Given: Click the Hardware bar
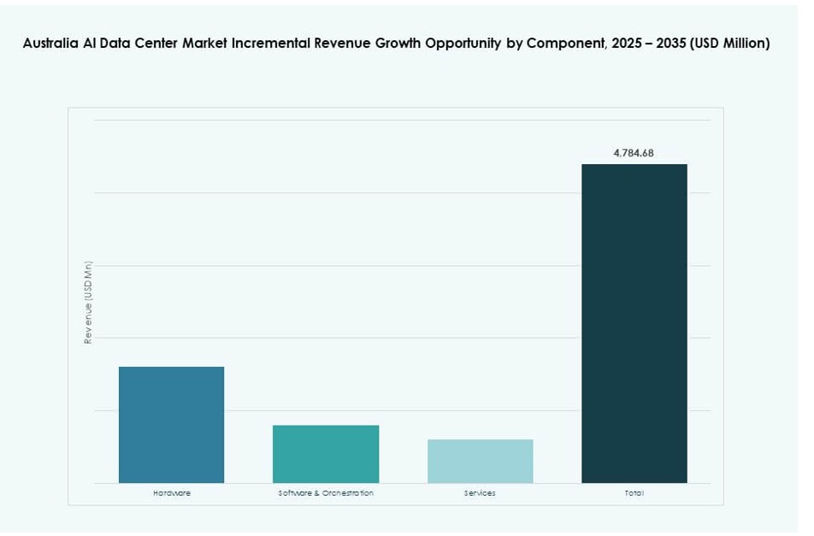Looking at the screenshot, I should coord(171,424).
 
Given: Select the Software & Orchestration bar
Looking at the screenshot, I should coord(325,453).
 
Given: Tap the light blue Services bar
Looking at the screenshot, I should coord(480,461).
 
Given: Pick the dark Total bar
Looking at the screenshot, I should coord(634,323).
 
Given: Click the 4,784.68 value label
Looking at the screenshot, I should coord(634,153).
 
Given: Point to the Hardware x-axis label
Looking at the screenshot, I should coord(172,493).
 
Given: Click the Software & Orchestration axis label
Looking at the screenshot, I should coord(326,493).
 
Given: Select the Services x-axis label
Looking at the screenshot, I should coord(480,493).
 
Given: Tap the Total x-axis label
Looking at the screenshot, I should coord(634,493).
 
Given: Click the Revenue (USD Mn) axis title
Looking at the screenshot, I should coord(88,303).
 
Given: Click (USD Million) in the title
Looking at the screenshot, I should coord(730,44).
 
